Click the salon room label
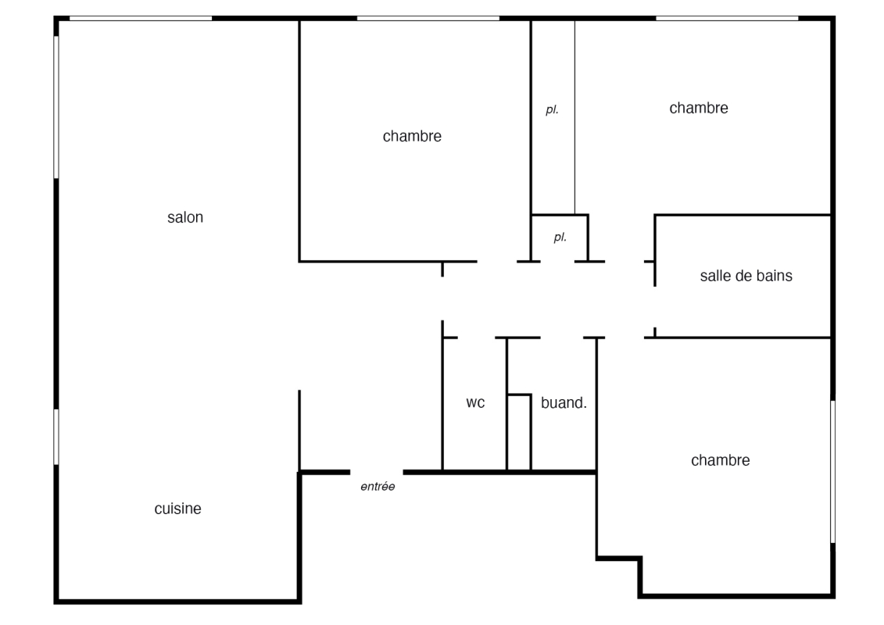(185, 217)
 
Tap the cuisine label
(177, 509)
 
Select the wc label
(475, 403)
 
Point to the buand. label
(564, 402)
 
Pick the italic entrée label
(378, 487)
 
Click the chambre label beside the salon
(412, 137)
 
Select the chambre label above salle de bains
(699, 109)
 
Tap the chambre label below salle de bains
(721, 460)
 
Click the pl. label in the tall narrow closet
(552, 110)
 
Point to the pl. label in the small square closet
(560, 237)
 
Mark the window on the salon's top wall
(141, 19)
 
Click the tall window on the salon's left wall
(56, 107)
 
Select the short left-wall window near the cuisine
(56, 437)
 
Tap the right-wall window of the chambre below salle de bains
(832, 472)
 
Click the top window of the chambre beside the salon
(428, 19)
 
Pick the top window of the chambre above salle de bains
(727, 19)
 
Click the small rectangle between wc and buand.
(519, 432)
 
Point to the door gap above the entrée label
(377, 473)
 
